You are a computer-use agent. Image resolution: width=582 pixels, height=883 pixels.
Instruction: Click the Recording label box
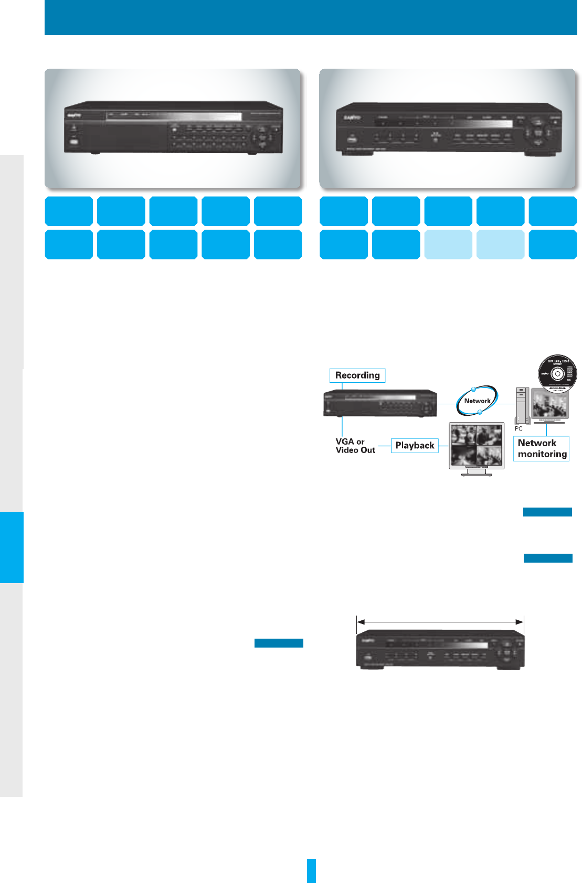tap(357, 375)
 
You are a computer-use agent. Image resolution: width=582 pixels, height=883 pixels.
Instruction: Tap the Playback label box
tap(415, 446)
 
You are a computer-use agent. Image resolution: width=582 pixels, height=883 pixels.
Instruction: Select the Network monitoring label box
tap(542, 449)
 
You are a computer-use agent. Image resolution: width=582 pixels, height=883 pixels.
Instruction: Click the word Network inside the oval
tap(477, 401)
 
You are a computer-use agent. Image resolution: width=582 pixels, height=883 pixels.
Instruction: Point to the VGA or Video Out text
tap(355, 446)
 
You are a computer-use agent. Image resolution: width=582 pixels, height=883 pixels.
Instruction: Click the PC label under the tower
tap(518, 429)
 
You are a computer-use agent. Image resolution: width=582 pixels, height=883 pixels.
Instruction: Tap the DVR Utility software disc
tap(557, 374)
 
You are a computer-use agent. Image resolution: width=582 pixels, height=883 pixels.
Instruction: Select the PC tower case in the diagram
tap(522, 405)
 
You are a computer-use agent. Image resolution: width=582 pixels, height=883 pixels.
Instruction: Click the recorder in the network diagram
tap(380, 404)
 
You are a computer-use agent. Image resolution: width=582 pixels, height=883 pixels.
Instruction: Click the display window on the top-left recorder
tap(173, 116)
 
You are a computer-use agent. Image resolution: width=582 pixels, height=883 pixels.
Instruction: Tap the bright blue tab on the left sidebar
tap(12, 547)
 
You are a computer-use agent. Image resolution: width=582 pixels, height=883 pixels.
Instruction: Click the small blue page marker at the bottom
tap(311, 870)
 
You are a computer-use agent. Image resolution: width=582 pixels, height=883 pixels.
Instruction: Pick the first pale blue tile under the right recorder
tap(448, 244)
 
